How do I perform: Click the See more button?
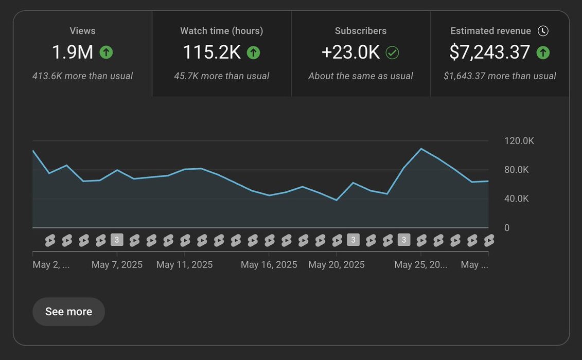point(68,312)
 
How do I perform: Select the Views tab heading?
point(82,31)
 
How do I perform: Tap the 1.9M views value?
point(73,52)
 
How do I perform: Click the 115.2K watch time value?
point(212,52)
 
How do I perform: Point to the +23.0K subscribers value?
point(350,52)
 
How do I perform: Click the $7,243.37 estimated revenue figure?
point(489,52)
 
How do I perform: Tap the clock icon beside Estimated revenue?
point(543,31)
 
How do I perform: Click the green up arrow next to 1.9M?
point(106,52)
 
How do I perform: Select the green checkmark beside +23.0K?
point(392,52)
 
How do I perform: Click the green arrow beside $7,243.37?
point(543,52)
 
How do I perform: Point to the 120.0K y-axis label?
point(519,141)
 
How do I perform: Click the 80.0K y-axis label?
point(517,170)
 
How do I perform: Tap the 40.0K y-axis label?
point(517,199)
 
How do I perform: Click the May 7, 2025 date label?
point(117,265)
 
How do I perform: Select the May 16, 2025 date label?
point(269,265)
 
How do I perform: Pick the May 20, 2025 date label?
point(337,265)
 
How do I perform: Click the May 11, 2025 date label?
point(184,265)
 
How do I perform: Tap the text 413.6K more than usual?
point(82,76)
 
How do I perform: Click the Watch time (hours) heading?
point(221,31)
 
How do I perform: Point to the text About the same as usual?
point(360,76)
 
